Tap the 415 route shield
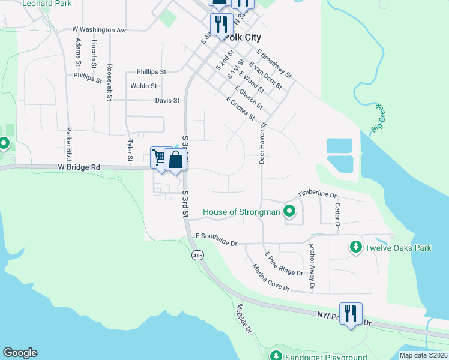click(x=197, y=256)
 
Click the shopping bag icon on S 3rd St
click(x=175, y=160)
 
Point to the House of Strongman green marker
click(x=290, y=211)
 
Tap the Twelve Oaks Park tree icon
click(x=355, y=247)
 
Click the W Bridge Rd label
click(x=79, y=167)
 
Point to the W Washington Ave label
click(x=100, y=29)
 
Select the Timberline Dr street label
click(x=318, y=193)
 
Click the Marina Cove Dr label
click(x=271, y=278)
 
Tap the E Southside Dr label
click(x=216, y=240)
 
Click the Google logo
click(x=20, y=353)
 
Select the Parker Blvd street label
click(x=70, y=144)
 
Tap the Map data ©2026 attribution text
click(x=423, y=355)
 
